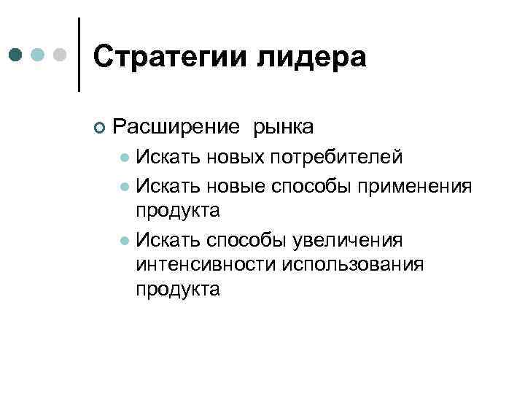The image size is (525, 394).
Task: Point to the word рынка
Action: point(284,127)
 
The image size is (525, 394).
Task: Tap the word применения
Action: point(413,186)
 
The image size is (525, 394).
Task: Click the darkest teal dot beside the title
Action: point(17,55)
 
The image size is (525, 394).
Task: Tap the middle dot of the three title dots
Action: point(39,55)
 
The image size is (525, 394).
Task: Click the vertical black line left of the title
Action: point(79,55)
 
